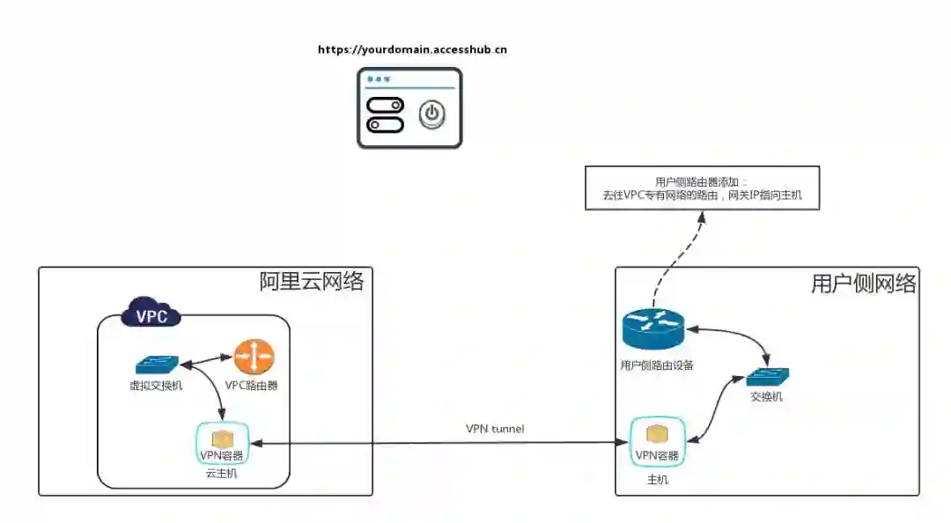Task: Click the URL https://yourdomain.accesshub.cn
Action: click(x=412, y=50)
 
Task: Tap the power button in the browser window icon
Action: click(x=431, y=114)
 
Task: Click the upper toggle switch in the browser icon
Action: click(x=386, y=106)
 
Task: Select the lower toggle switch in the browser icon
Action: click(x=386, y=124)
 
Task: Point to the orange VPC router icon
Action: click(x=254, y=357)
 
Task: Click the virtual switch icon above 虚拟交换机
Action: click(x=157, y=364)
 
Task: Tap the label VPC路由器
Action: click(x=251, y=385)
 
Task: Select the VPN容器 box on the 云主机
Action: click(x=222, y=444)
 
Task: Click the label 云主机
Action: click(x=222, y=473)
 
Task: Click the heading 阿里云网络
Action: click(x=312, y=282)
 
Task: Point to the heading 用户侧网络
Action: click(x=863, y=284)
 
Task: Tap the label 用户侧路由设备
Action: click(x=657, y=365)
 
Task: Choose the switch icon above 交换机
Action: click(x=767, y=378)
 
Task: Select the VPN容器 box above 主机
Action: click(x=657, y=444)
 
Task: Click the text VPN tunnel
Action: click(x=495, y=429)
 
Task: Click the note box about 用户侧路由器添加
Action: click(x=703, y=188)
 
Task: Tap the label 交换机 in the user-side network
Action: click(x=766, y=397)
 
